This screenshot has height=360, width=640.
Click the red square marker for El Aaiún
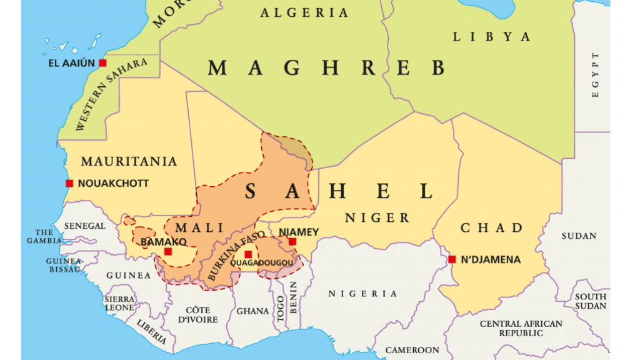tap(102, 63)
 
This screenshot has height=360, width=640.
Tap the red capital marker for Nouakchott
tap(69, 183)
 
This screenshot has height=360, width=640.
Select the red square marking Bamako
tap(167, 251)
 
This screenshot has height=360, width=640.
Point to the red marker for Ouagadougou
tap(248, 254)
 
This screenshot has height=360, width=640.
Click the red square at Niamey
tap(292, 241)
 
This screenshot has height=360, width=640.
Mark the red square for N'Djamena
tap(452, 259)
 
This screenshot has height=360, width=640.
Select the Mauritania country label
tap(129, 161)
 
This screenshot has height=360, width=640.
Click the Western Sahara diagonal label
tap(111, 94)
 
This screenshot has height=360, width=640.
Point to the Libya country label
tap(491, 37)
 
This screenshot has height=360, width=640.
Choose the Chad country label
tap(491, 227)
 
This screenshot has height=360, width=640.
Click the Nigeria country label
tap(362, 294)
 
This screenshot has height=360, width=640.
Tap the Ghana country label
tap(252, 311)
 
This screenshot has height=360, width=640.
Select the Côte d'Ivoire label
tap(197, 314)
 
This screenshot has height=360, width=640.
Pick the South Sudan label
tap(591, 301)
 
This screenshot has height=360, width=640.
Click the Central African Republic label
tap(521, 328)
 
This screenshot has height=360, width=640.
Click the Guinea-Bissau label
tap(64, 264)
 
